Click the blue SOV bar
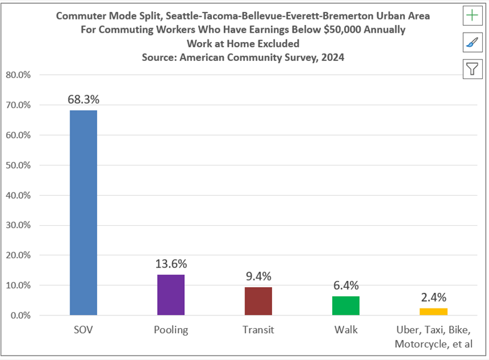pyautogui.click(x=83, y=213)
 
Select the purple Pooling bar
pyautogui.click(x=171, y=295)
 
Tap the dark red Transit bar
pyautogui.click(x=258, y=301)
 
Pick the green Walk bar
pyautogui.click(x=346, y=305)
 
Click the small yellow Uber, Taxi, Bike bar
pyautogui.click(x=433, y=312)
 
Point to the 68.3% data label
pyautogui.click(x=83, y=99)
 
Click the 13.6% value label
pyautogui.click(x=171, y=264)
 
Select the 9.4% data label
pyautogui.click(x=258, y=277)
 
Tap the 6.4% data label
pyautogui.click(x=346, y=285)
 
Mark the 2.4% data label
pyautogui.click(x=433, y=297)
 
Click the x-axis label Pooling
pyautogui.click(x=171, y=329)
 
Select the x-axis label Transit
pyautogui.click(x=258, y=329)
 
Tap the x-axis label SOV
pyautogui.click(x=83, y=329)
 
